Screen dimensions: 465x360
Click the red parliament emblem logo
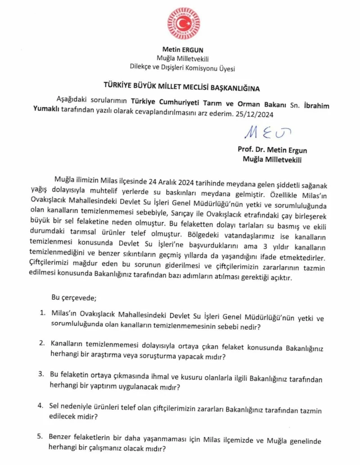click(184, 23)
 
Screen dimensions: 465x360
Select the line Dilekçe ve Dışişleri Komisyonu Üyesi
click(183, 68)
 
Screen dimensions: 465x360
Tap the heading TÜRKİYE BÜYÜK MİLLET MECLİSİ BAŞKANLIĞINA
click(182, 86)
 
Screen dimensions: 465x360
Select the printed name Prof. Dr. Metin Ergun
click(273, 150)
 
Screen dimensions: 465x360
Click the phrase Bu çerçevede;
click(73, 297)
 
